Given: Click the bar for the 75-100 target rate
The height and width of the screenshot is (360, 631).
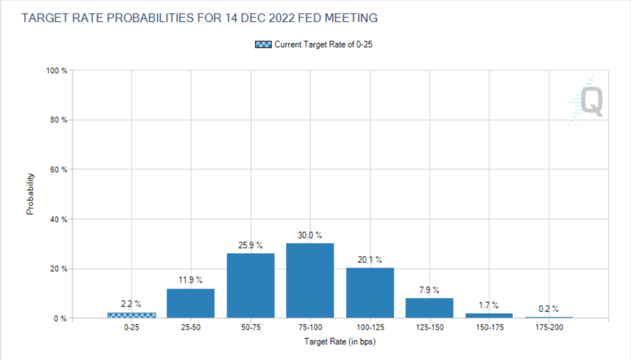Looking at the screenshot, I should pos(310,281).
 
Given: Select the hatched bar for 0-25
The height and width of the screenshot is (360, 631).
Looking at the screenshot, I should pos(131,315).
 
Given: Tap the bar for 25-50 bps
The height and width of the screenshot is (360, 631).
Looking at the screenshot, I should pos(191,303).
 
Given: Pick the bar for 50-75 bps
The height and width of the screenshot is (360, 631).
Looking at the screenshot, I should pos(250,286).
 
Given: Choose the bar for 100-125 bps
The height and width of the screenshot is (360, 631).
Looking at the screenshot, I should pos(370,293).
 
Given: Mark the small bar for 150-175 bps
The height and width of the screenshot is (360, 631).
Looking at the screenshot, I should pos(489,316).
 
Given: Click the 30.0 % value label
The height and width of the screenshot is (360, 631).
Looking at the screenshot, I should pos(310,235).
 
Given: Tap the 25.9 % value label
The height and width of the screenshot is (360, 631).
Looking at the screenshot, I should pos(250,245).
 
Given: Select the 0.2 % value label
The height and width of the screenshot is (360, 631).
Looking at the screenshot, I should pos(548,309).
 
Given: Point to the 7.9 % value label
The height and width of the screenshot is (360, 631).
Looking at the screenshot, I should pos(429,290).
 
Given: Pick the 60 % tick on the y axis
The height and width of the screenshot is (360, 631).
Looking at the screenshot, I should pos(59,170).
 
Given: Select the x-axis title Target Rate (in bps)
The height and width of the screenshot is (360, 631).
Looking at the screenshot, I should pos(340,341).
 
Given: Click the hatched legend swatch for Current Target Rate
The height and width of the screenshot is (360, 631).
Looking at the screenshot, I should pos(263,44).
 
